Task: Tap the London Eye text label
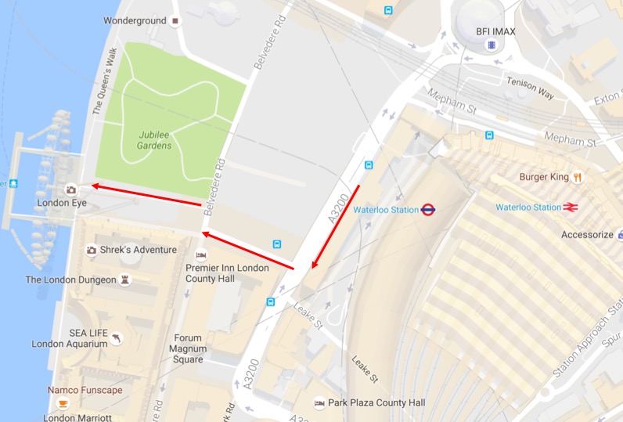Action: point(61,203)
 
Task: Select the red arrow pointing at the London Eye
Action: point(145,195)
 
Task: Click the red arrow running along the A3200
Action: point(335,228)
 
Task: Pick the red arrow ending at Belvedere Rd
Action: point(248,251)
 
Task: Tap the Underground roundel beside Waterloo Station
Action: point(428,210)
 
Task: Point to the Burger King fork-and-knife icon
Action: point(578,177)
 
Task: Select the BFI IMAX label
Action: point(495,32)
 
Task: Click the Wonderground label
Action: point(135,20)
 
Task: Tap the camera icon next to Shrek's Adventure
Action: point(92,250)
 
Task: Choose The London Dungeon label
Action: point(70,280)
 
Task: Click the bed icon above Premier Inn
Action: point(201,255)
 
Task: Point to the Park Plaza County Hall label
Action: point(376,402)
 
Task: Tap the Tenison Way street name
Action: point(530,88)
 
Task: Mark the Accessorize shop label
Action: point(587,235)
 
